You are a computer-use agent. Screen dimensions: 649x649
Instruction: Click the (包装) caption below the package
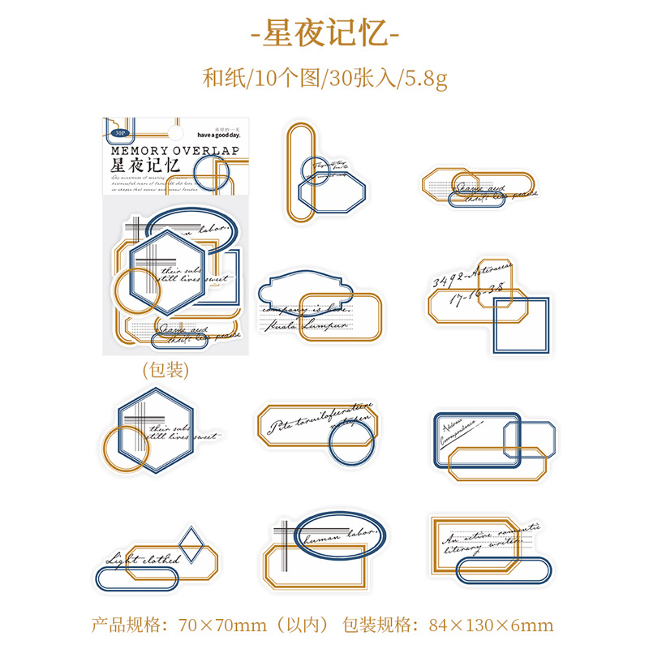[x=165, y=370]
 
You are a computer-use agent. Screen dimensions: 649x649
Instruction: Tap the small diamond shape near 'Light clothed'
[x=191, y=545]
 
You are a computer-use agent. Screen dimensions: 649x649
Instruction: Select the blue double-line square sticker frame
[x=520, y=325]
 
